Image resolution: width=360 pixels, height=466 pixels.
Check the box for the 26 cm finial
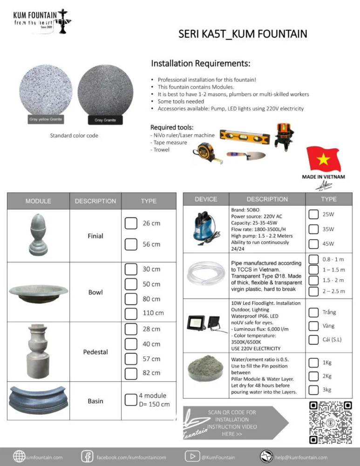(131, 223)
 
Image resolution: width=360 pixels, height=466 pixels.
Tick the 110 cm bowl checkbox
(131, 313)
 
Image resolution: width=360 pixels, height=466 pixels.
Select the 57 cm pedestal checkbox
(131, 359)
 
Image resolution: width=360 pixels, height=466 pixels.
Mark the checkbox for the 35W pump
(314, 229)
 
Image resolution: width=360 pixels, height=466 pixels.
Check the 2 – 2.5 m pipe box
(314, 291)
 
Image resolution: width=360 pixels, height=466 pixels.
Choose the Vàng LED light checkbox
(314, 326)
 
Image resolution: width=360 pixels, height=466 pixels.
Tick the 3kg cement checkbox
(314, 390)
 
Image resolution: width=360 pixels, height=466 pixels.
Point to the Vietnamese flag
(323, 160)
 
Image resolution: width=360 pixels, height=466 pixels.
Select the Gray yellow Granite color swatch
(46, 93)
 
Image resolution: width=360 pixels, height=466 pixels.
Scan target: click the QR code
(331, 422)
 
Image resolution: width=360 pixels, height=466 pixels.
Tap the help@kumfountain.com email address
(301, 457)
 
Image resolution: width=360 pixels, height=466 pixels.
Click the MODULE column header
(38, 201)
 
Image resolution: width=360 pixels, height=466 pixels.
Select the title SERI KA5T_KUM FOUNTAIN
(243, 34)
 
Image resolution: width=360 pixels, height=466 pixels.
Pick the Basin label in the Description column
(95, 401)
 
